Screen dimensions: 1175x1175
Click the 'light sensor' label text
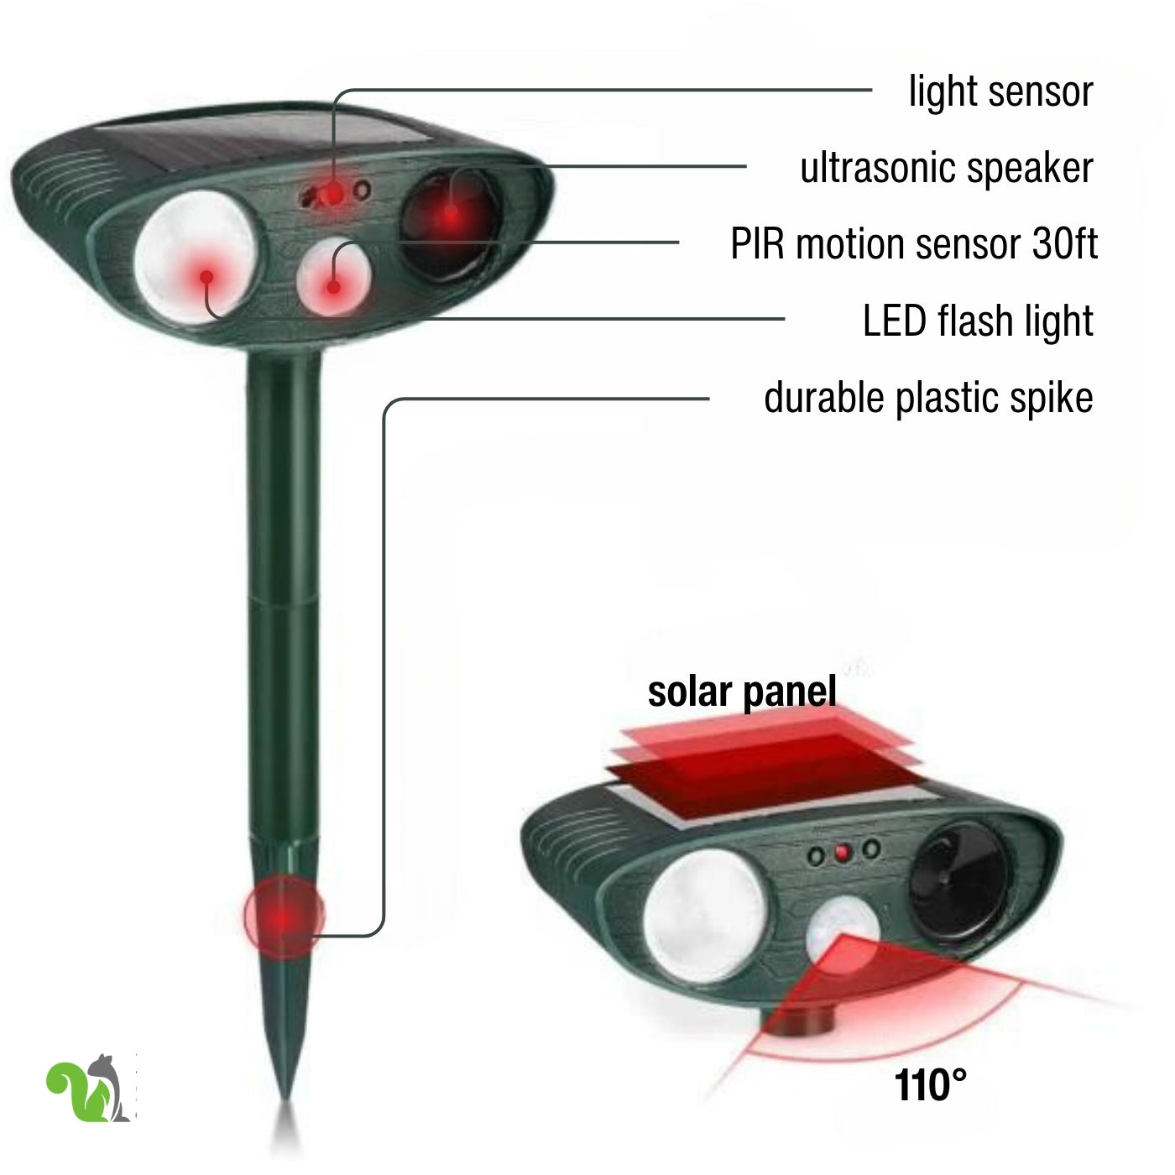[x=1000, y=92]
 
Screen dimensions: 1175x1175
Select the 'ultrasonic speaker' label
[x=947, y=168]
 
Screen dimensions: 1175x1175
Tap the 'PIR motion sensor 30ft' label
[x=914, y=243]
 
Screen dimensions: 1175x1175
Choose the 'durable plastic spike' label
[x=928, y=398]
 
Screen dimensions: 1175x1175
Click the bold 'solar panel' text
[x=741, y=692]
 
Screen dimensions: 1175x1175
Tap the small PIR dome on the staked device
[x=333, y=277]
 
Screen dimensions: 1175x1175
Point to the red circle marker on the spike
[x=285, y=916]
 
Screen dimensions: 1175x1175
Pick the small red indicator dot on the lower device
[x=843, y=853]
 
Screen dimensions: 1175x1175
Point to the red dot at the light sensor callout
[x=333, y=195]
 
